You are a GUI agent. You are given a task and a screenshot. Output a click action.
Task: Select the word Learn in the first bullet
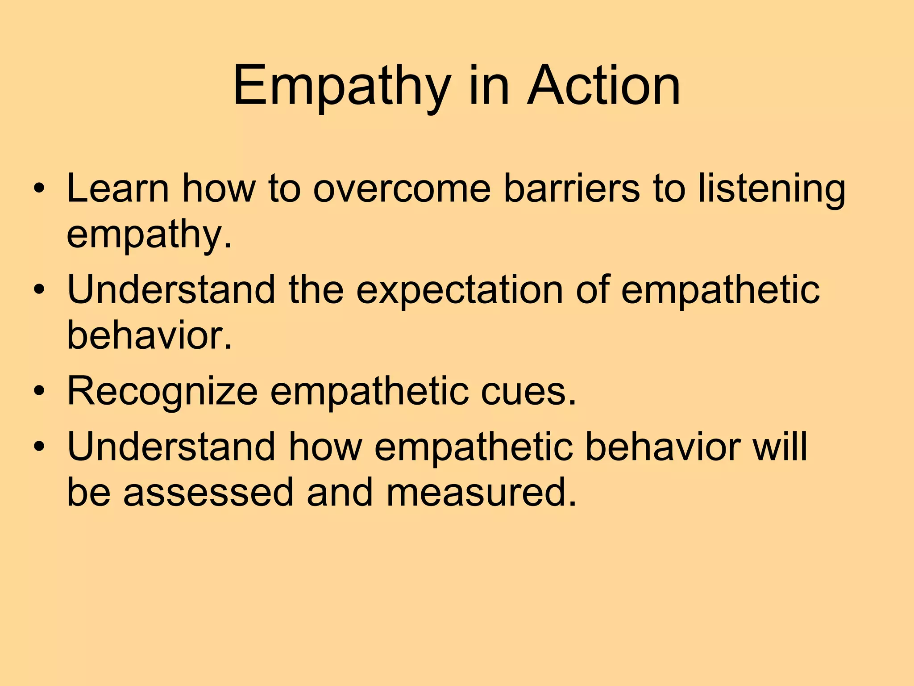[x=117, y=188]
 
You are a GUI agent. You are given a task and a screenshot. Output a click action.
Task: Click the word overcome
[x=402, y=188]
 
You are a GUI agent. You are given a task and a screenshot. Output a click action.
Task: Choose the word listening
[x=772, y=188]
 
